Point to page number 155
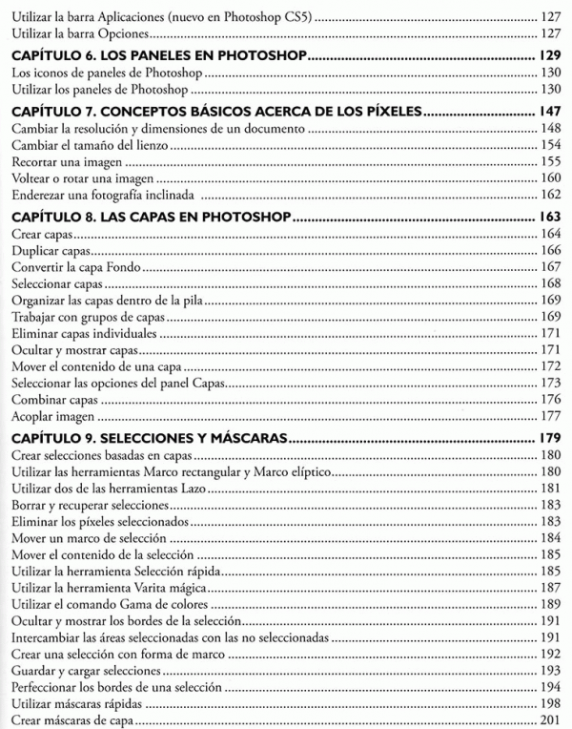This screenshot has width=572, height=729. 547,161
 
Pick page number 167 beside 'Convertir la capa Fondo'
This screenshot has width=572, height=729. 547,266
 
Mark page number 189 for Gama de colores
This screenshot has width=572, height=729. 547,603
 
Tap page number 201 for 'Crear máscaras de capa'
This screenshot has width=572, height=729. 547,719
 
